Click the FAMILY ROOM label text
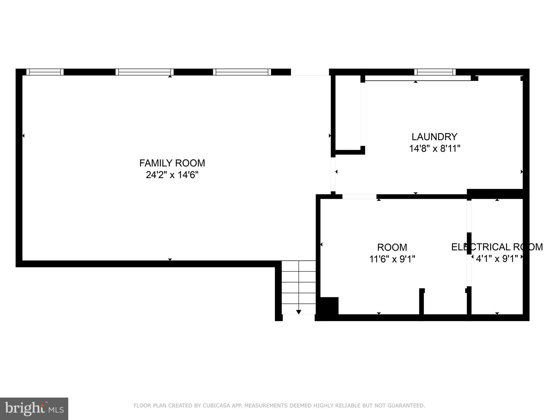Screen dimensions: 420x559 point(172,163)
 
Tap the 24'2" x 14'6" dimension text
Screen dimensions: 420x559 point(172,175)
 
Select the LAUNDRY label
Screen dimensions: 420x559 point(434,136)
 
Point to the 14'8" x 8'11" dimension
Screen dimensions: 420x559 point(434,148)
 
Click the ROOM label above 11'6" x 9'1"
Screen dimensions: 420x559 point(392,247)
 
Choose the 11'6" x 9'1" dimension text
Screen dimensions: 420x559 point(392,259)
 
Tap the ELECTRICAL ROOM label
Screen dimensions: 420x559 point(497,247)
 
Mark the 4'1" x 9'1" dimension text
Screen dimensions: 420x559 point(497,259)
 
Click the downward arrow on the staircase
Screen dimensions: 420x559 point(299,312)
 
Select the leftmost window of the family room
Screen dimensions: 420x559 point(45,72)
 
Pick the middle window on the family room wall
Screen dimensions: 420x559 point(144,72)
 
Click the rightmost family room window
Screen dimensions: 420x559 point(242,72)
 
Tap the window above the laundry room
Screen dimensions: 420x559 point(435,72)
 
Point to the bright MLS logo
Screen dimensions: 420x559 point(34,409)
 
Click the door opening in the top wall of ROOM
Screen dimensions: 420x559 point(359,197)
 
